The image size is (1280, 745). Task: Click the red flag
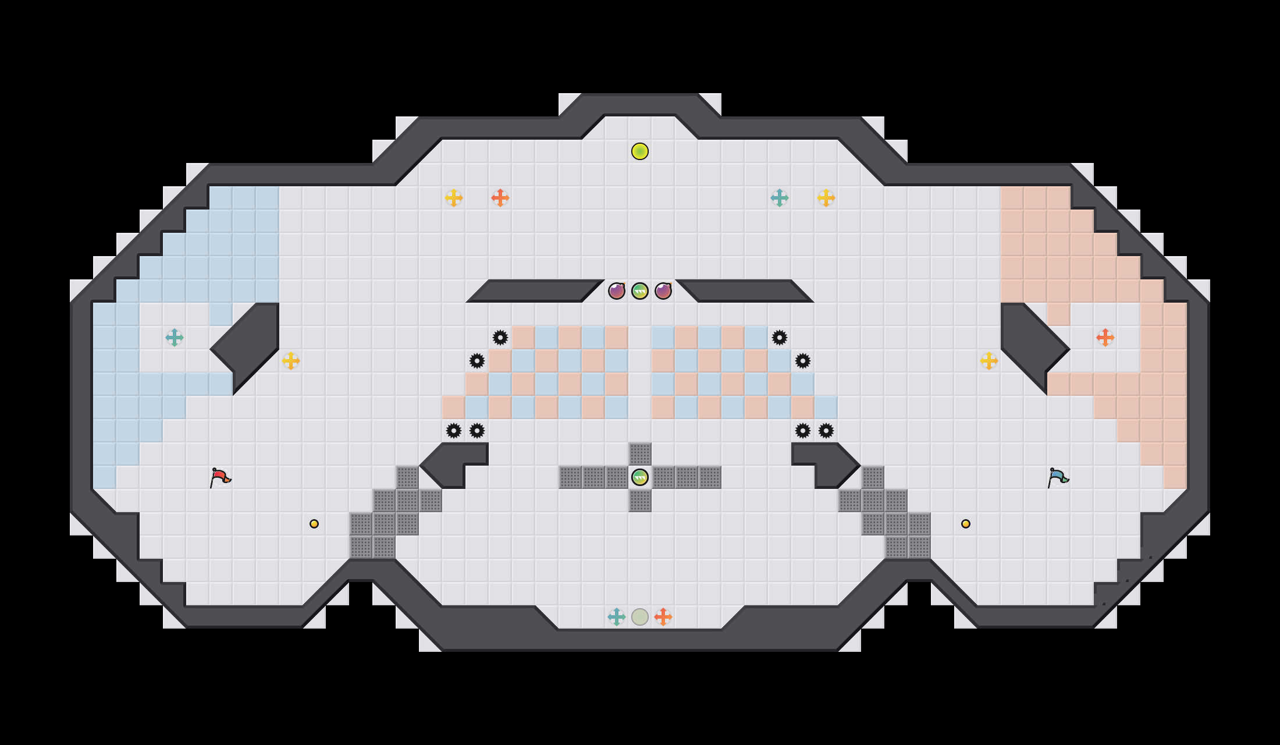(220, 477)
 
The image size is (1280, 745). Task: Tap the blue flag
(1058, 477)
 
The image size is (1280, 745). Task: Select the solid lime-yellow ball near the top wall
(640, 151)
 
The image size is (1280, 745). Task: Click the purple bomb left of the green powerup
(617, 290)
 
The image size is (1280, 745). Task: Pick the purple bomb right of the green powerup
(663, 290)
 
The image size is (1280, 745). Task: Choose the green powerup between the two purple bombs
(640, 290)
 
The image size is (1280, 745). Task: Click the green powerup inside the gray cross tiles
(640, 477)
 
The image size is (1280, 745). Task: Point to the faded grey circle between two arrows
(640, 617)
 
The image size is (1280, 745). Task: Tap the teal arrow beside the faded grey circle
(617, 617)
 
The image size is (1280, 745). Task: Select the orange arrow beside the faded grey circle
(663, 617)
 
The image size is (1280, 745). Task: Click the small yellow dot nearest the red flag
(314, 524)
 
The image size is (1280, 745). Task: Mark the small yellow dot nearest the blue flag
(966, 524)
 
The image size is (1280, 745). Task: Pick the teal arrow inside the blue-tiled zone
(175, 338)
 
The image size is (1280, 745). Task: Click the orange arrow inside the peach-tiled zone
(1105, 338)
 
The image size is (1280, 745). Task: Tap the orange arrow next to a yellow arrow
(500, 198)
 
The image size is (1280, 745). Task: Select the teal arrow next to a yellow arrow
(780, 198)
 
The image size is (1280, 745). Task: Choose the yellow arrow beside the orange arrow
(454, 198)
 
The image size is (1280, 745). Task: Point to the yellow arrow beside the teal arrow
(826, 198)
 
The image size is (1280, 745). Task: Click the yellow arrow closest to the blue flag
(989, 361)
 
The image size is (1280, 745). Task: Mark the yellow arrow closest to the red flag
(291, 361)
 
